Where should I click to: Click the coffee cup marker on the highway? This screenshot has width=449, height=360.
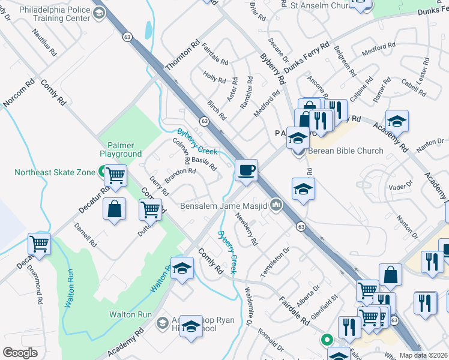pyautogui.click(x=246, y=170)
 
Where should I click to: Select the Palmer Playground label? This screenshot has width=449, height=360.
pyautogui.click(x=125, y=149)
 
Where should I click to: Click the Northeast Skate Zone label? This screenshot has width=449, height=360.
pyautogui.click(x=55, y=173)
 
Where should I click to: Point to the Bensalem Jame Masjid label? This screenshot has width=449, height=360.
pyautogui.click(x=224, y=206)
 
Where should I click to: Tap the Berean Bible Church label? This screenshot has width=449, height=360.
pyautogui.click(x=345, y=151)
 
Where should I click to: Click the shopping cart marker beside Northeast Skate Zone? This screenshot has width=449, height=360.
pyautogui.click(x=115, y=175)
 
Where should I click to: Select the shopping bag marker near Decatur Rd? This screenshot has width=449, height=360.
pyautogui.click(x=114, y=209)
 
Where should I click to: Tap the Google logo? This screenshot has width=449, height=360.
pyautogui.click(x=20, y=352)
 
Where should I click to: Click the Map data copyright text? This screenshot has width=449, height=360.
pyautogui.click(x=424, y=355)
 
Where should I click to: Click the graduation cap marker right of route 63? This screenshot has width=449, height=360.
pyautogui.click(x=304, y=190)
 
